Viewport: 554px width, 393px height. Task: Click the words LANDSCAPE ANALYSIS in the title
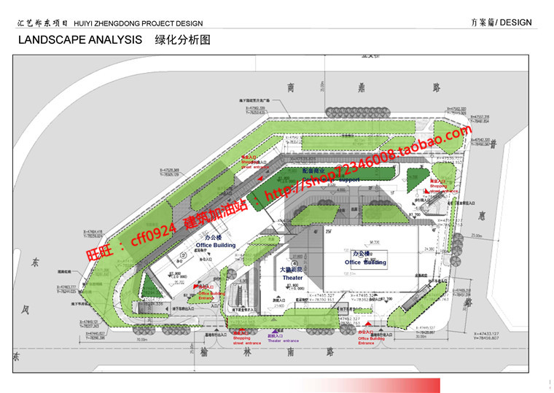tap(79, 40)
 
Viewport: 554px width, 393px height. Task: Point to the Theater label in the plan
tap(293, 278)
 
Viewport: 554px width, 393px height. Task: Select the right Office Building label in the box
tap(366, 262)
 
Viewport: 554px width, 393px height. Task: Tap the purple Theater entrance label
tap(284, 341)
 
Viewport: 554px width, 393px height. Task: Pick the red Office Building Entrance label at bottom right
tap(371, 339)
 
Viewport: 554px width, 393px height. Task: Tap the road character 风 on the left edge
tap(23, 310)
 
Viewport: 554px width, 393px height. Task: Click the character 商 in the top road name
tap(290, 87)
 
